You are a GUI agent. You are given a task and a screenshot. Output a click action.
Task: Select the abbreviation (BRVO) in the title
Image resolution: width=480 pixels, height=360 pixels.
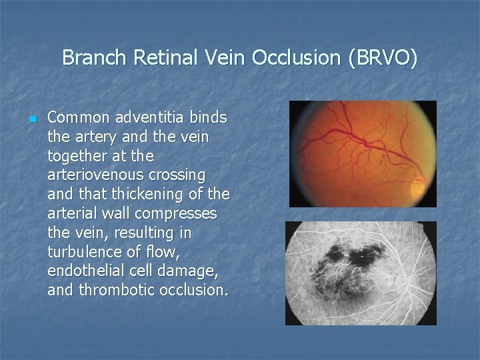tap(382, 58)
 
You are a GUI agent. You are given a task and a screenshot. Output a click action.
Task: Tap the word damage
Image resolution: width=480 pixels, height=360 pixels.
tap(198, 271)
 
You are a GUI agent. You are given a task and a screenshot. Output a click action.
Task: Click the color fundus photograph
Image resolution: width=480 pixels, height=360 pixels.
tap(363, 153)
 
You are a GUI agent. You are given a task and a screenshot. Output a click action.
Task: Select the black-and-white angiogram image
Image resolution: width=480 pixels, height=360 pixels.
tap(361, 273)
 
